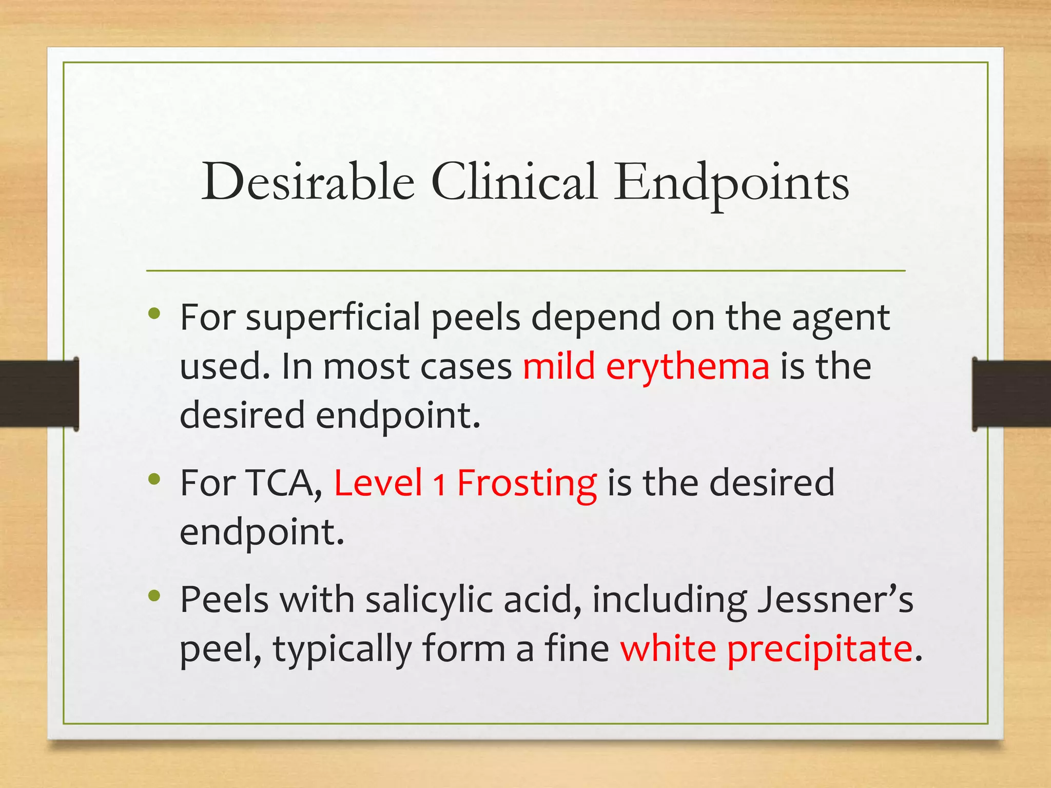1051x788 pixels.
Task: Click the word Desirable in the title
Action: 308,182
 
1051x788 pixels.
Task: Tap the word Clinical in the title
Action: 514,182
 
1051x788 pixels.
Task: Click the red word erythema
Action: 688,367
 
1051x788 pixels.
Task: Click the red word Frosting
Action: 527,484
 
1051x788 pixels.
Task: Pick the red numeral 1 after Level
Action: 439,485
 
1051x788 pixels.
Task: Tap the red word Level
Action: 378,483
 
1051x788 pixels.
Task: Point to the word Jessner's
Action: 835,600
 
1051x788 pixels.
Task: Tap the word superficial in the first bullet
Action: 334,318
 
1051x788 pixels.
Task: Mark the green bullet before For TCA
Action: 154,479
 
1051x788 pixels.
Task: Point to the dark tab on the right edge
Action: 1011,393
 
